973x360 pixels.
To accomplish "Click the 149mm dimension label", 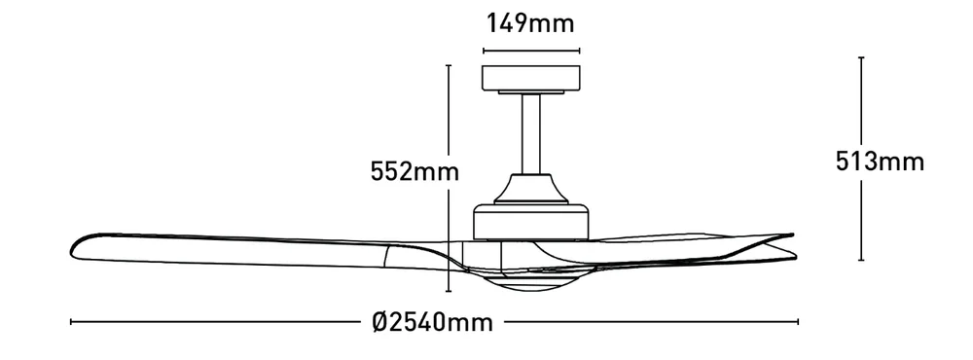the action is (530, 23).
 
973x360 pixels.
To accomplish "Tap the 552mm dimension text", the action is (414, 171).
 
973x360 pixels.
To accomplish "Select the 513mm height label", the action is (880, 162).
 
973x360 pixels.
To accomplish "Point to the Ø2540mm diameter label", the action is (433, 322).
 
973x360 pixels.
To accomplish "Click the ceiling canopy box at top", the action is (530, 78).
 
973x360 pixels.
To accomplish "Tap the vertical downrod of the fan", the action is (530, 133).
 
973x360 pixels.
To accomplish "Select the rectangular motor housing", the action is (530, 222).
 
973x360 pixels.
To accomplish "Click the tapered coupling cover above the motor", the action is (530, 189).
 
